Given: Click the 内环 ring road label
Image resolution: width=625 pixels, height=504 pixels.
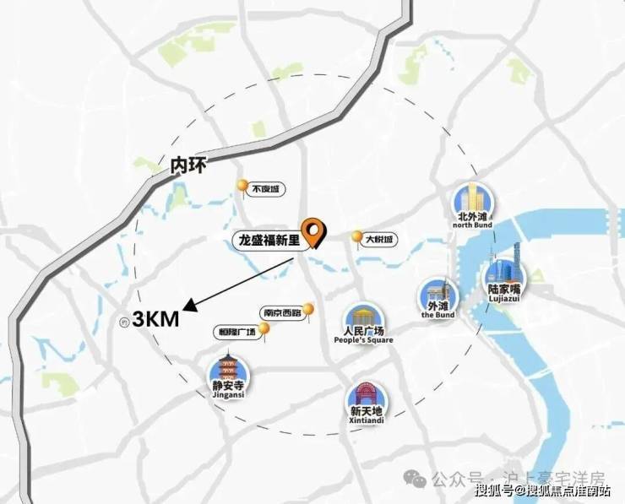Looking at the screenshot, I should point(187,165).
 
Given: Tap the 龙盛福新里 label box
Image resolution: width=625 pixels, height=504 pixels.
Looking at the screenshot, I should point(268,241).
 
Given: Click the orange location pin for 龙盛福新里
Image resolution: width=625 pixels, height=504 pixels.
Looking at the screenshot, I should point(316,232).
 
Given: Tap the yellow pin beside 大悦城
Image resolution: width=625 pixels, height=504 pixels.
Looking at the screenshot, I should point(357,237).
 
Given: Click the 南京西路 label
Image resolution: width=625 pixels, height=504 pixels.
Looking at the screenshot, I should point(281,312).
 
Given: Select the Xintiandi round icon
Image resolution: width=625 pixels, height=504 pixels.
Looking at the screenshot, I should point(365,396).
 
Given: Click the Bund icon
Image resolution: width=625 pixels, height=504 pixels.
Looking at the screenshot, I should point(437,292).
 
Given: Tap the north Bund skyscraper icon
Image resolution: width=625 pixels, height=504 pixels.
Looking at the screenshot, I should point(470,199).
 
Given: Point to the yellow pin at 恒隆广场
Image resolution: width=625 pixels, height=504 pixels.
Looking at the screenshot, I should point(264,337).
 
